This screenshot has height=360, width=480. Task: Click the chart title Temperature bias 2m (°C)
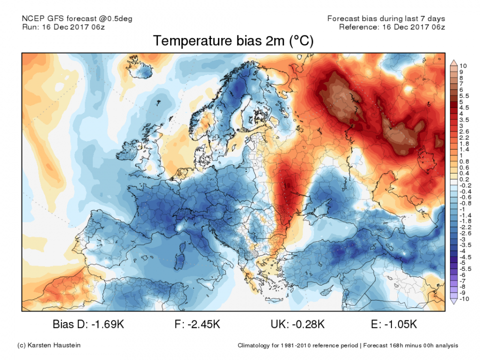[x=233, y=41]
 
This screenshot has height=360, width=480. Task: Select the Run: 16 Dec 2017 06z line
[x=64, y=26]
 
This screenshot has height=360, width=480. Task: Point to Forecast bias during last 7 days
[x=386, y=18]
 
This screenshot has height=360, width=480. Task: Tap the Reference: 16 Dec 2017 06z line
[x=391, y=26]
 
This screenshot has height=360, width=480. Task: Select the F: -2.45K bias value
[x=197, y=324]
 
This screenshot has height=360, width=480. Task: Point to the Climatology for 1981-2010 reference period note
[x=298, y=345]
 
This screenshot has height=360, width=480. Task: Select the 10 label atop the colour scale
[x=463, y=66]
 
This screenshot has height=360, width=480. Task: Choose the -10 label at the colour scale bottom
[x=464, y=299]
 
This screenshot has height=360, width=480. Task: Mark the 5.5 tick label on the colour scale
[x=464, y=95]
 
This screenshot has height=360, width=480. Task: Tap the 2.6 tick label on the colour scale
[x=464, y=131]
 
